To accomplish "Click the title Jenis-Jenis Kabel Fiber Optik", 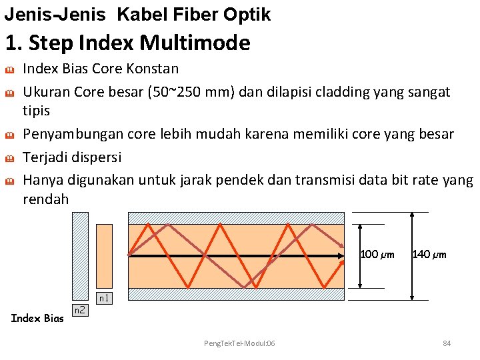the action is (137, 14).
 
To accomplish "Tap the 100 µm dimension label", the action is (377, 254).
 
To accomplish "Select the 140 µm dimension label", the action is (430, 254).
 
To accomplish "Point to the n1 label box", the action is (104, 298).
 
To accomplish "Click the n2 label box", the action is (79, 310).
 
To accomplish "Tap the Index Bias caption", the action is (37, 317).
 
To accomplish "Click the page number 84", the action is (447, 343).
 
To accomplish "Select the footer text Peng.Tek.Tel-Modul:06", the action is (239, 343).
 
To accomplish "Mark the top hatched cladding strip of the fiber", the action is (236, 217).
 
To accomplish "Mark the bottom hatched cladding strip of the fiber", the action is (236, 294).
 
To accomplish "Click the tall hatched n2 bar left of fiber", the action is (80, 257).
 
